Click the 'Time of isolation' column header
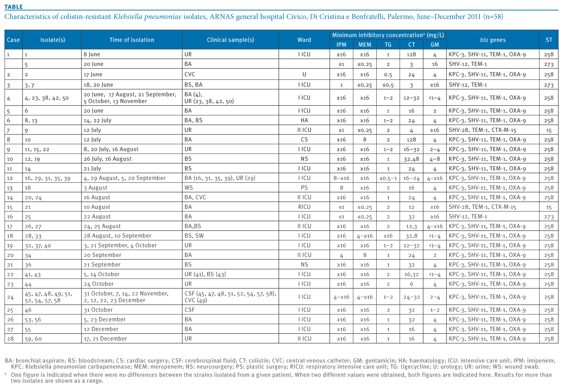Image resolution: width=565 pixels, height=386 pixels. coord(132,40)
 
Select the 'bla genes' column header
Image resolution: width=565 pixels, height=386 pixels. coord(492,40)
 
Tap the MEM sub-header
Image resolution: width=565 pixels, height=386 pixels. coord(365,45)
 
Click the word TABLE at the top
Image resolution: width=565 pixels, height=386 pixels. coord(14,7)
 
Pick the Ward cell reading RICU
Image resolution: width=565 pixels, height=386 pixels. coord(304,207)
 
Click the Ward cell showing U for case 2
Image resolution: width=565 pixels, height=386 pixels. coord(304,74)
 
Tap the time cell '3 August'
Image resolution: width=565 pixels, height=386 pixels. coord(95,188)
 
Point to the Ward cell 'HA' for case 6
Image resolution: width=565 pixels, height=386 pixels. coord(304,120)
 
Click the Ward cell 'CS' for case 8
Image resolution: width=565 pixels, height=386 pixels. coord(304,139)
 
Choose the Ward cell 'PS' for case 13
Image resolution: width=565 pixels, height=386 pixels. coord(304,188)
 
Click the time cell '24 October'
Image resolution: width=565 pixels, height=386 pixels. coord(99,284)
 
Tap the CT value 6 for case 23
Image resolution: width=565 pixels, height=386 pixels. coord(412,284)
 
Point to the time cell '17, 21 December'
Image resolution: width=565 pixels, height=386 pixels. coord(105,339)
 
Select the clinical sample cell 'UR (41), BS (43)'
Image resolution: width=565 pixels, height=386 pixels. coord(205,274)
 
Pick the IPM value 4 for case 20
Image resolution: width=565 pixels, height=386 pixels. coord(341,255)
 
